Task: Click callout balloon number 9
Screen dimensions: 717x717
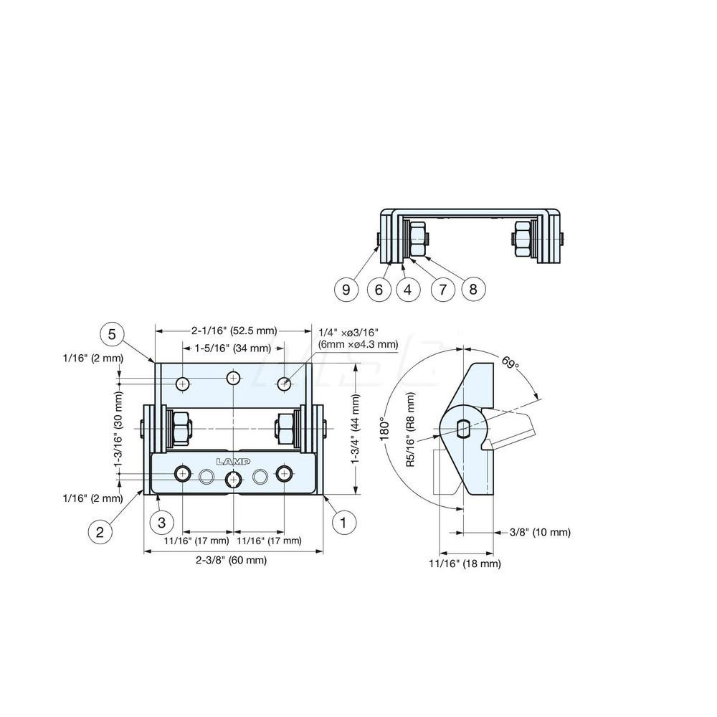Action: (x=346, y=289)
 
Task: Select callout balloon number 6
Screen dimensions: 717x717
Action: (x=379, y=289)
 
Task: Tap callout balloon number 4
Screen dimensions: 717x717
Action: (x=408, y=289)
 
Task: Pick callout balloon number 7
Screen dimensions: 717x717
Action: (x=442, y=289)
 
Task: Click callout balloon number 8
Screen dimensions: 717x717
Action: (x=473, y=289)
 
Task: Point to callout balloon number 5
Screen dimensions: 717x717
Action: (x=111, y=333)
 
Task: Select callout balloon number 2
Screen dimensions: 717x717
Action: (x=100, y=531)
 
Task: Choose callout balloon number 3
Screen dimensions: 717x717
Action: (x=162, y=522)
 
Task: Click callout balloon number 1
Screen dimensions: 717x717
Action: (x=343, y=523)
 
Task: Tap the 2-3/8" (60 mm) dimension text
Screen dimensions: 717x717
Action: (x=230, y=561)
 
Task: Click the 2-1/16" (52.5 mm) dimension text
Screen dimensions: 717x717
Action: (x=233, y=331)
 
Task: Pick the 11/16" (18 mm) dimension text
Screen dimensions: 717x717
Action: (x=465, y=564)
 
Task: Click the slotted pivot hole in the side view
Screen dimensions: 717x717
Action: (x=463, y=429)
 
